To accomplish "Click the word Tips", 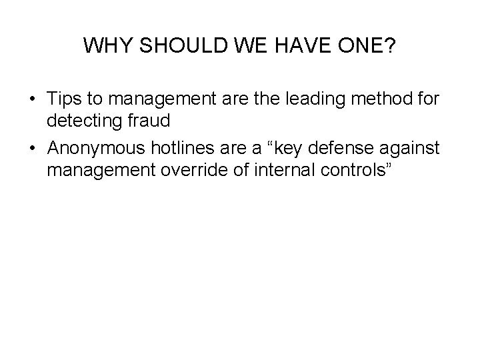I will pos(65,99).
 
